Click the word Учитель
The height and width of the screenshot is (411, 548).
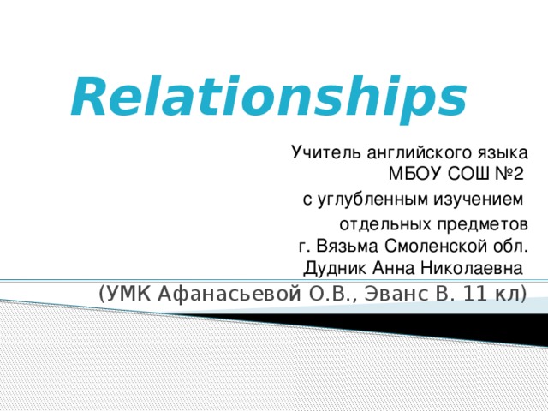pyautogui.click(x=319, y=154)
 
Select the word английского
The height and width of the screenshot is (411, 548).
pyautogui.click(x=414, y=154)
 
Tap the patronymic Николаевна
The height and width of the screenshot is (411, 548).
pyautogui.click(x=471, y=268)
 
